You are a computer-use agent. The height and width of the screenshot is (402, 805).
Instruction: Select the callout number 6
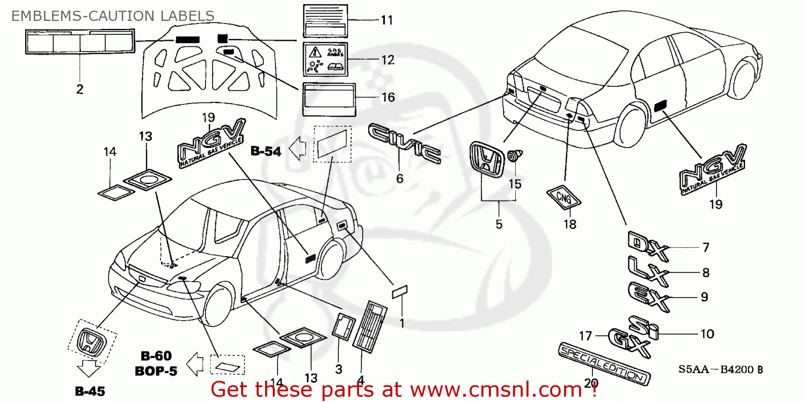click(x=400, y=179)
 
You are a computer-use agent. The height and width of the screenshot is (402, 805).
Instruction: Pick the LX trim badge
click(x=648, y=271)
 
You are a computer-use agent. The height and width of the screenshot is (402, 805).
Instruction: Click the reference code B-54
click(x=266, y=152)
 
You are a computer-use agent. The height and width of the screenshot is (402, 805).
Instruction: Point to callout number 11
click(x=386, y=20)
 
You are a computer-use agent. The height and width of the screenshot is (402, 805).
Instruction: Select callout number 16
click(x=387, y=98)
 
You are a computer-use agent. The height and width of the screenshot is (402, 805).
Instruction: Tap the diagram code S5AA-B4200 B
click(x=721, y=369)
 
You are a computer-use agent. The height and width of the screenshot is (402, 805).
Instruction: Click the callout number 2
click(x=79, y=90)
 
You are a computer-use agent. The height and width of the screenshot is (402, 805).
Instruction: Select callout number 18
click(x=570, y=225)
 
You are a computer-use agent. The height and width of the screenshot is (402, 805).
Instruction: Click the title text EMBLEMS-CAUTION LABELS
click(x=113, y=16)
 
